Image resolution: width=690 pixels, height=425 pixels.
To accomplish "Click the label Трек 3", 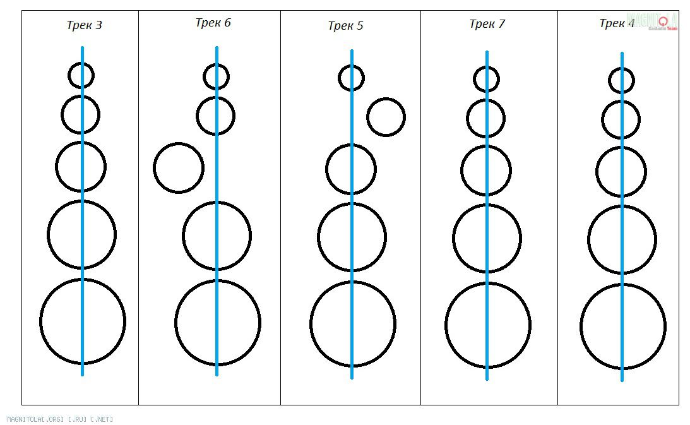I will point(84,26).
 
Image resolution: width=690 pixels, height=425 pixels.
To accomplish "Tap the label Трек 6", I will point(213,23).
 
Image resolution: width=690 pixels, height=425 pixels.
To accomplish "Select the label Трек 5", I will point(345,26).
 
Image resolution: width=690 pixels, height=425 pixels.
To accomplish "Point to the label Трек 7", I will point(487,24).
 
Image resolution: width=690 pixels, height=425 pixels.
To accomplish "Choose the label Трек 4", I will point(617,24).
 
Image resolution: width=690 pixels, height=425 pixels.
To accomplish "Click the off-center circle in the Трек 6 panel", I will point(179,167).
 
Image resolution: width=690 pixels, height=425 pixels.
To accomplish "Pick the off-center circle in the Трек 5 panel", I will point(386,117).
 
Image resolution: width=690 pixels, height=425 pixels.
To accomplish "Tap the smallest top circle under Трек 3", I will point(81,75).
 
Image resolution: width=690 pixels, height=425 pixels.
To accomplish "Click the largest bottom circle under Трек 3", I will point(83,321).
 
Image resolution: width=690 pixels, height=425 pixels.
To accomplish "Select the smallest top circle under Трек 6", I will point(216,77).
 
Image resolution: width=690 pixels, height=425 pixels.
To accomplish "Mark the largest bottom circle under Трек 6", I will point(218,323).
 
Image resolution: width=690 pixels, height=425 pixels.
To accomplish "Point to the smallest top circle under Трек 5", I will point(351,78).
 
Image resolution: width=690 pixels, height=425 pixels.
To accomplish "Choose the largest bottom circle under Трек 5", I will point(353,324).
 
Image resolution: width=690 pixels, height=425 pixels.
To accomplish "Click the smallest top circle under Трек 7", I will point(486,79).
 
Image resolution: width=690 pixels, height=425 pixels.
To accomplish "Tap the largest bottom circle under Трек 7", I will point(488,325).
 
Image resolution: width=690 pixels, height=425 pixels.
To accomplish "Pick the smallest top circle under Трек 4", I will point(621,80).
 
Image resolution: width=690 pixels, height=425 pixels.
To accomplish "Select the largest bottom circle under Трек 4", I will point(623,326).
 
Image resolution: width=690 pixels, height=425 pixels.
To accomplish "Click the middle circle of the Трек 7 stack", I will point(486,171).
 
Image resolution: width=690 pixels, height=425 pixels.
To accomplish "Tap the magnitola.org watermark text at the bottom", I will point(60,419).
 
